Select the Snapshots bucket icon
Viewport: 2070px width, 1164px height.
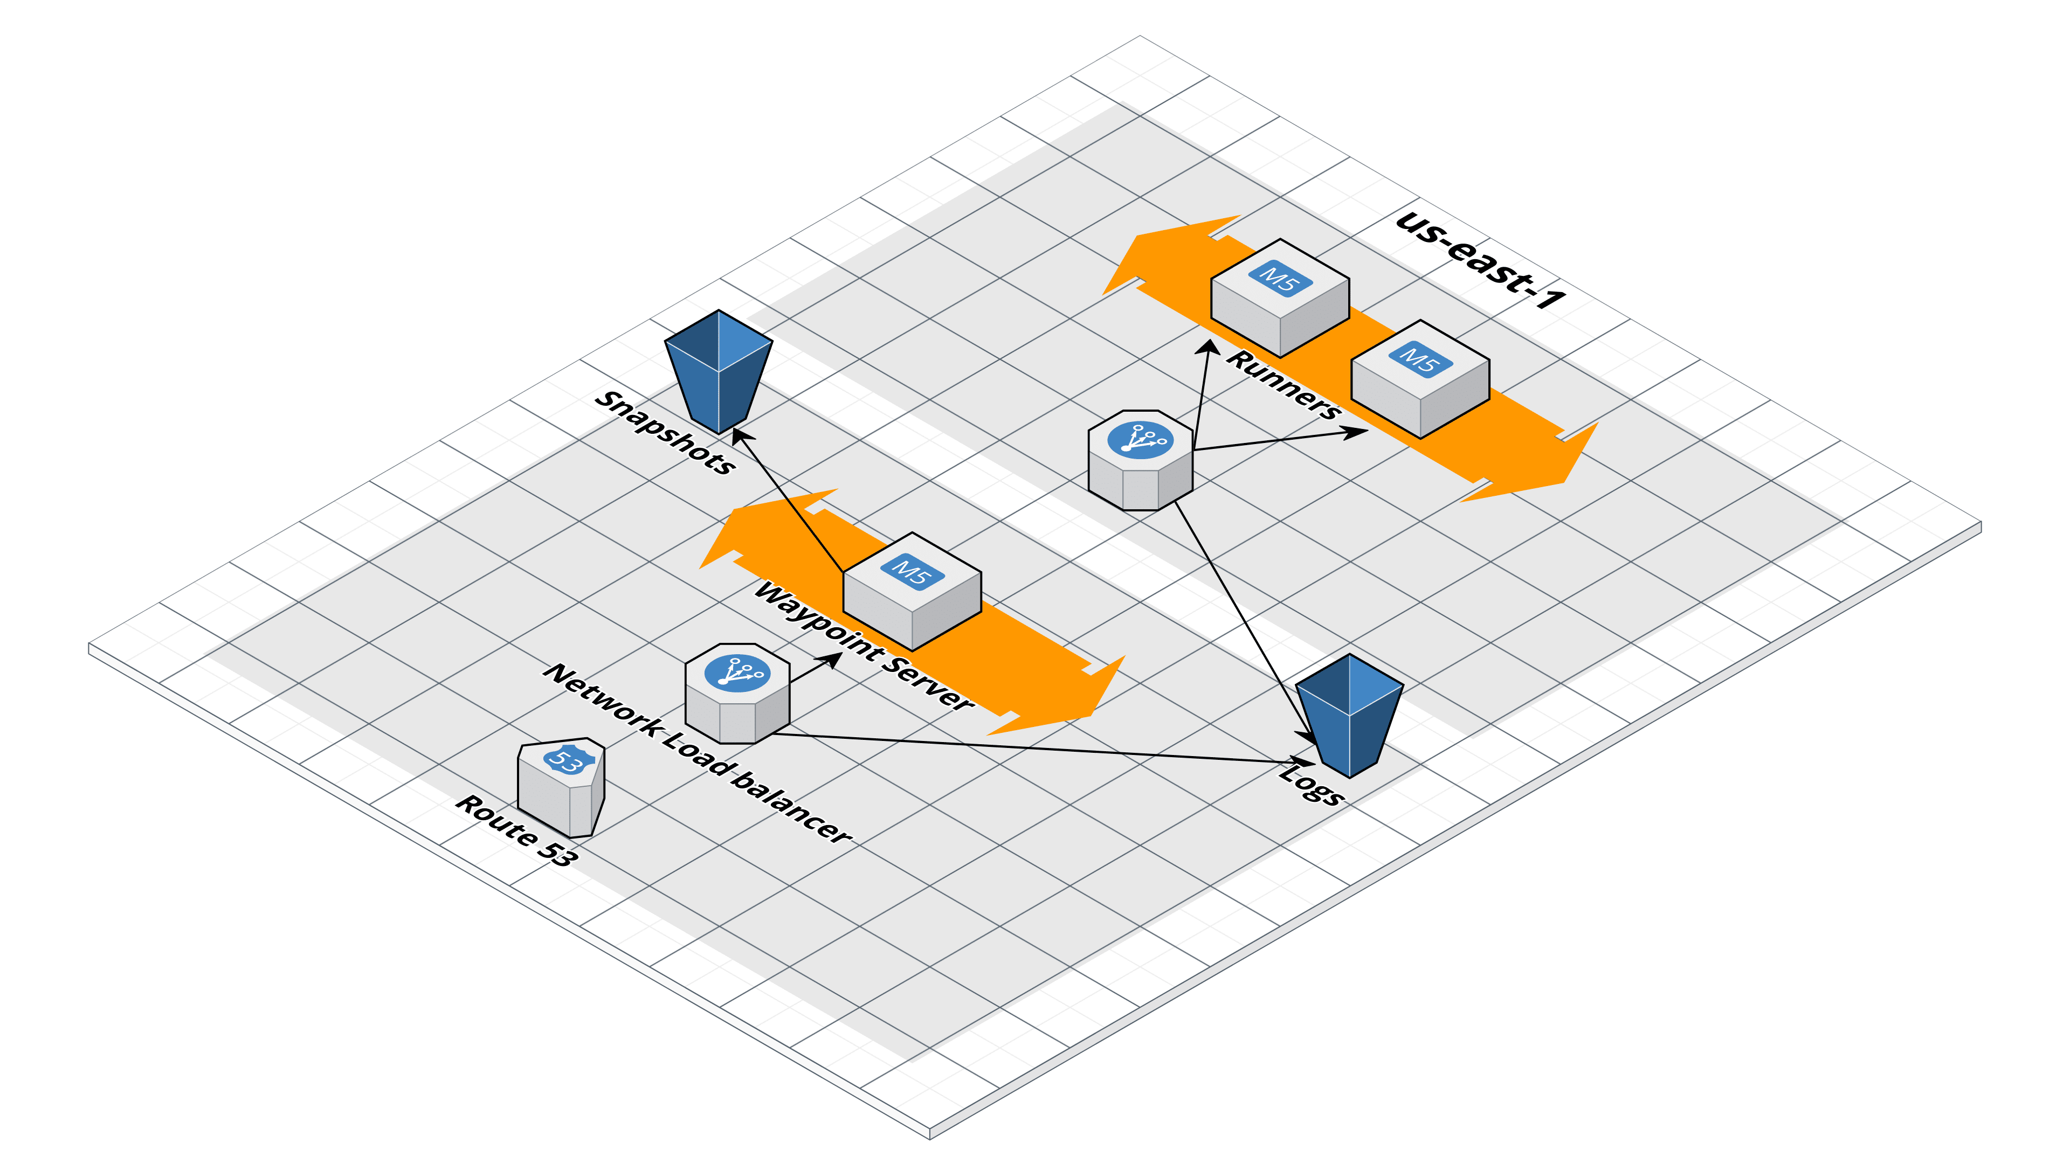pos(717,370)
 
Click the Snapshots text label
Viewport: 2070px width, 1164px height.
pos(665,433)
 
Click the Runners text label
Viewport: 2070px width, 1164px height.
pos(1284,385)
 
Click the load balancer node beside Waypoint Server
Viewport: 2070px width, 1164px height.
pos(737,692)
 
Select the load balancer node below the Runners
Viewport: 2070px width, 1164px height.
pos(1140,460)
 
